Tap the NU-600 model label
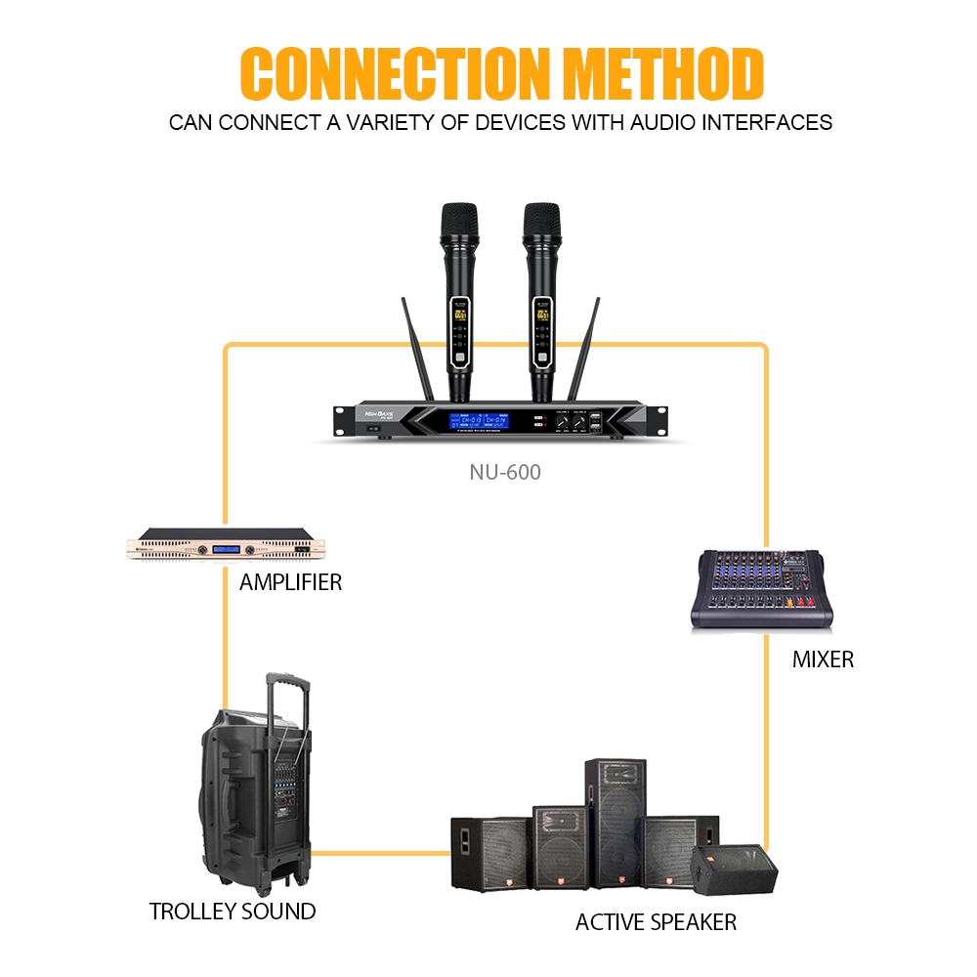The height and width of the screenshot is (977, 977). (x=504, y=473)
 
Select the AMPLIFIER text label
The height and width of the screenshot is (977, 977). (x=290, y=583)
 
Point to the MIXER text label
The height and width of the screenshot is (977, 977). (x=823, y=659)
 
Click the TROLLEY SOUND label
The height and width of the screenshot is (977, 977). (x=233, y=912)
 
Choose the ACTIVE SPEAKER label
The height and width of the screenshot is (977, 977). (x=656, y=921)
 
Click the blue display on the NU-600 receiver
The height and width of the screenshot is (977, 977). (x=480, y=422)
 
